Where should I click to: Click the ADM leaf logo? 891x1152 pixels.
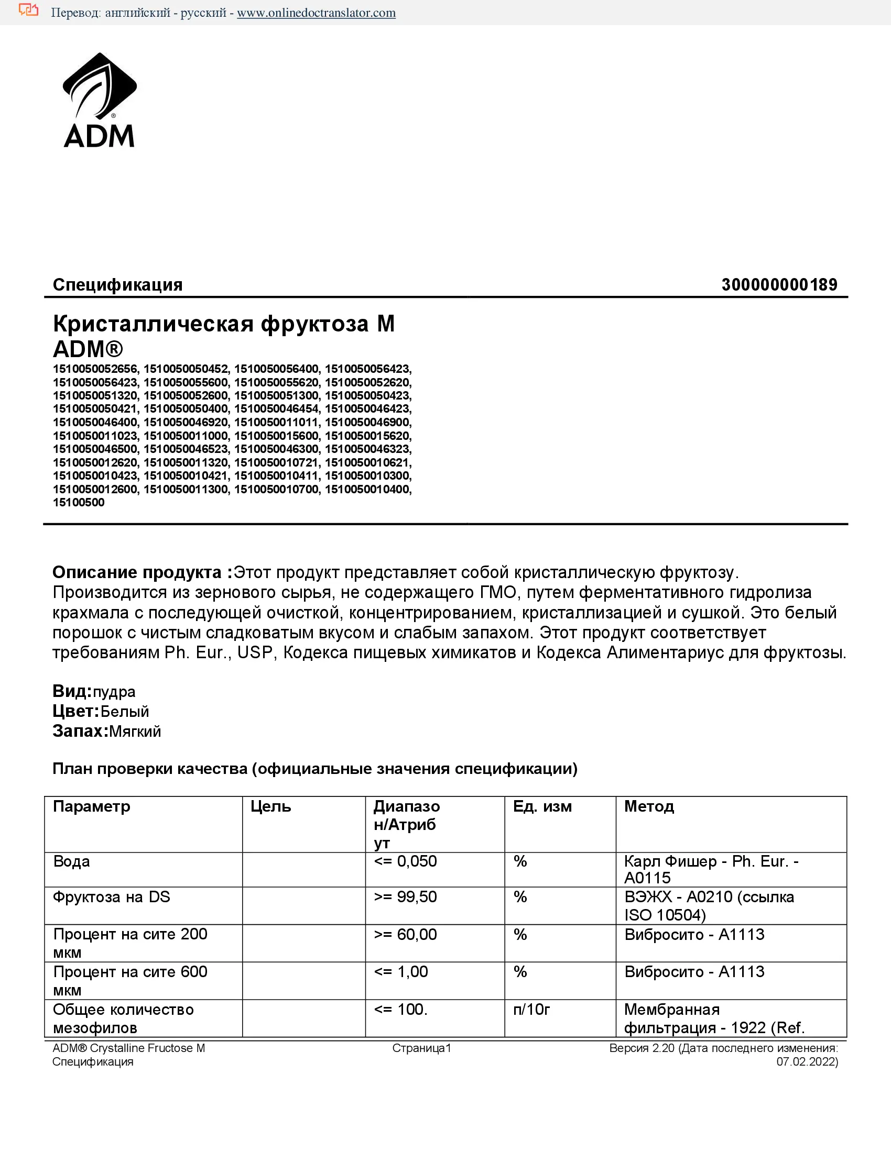tap(99, 100)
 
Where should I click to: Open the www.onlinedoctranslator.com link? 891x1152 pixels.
tap(316, 13)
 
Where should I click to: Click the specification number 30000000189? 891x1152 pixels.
tap(779, 285)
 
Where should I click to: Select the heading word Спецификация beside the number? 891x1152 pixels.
tap(118, 285)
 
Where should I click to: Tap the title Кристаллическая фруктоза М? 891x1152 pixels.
tap(224, 324)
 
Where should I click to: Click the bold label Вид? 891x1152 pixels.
tap(72, 691)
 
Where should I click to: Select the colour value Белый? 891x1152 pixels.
tap(125, 712)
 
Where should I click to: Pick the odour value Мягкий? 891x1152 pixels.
tap(135, 732)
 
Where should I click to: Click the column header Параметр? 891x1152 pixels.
tap(91, 806)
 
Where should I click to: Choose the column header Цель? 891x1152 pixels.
tap(271, 806)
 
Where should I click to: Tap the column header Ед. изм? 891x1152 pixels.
tap(542, 806)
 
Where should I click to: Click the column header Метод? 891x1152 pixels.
tap(649, 806)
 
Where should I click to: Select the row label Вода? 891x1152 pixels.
tap(72, 862)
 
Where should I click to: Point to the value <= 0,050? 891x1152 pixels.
tap(405, 862)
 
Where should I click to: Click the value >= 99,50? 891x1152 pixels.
tap(405, 897)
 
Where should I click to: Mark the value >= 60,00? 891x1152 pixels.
tap(405, 935)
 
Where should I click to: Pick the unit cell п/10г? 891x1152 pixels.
tap(531, 1010)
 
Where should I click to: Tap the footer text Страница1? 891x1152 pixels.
tap(421, 1049)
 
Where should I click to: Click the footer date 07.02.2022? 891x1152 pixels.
tap(806, 1062)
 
